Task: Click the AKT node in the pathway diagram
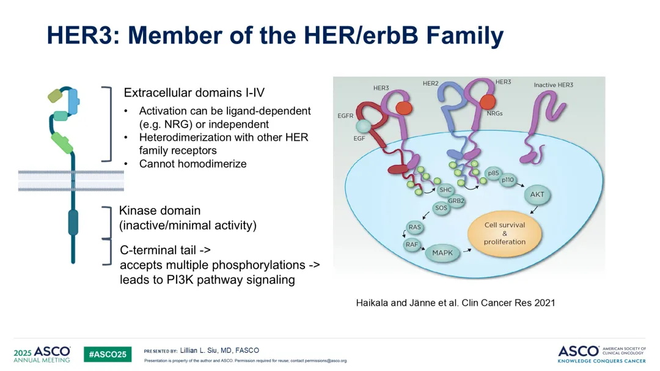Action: tap(537, 194)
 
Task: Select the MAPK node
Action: tap(442, 253)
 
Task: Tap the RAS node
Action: tap(414, 227)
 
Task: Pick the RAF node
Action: tap(412, 244)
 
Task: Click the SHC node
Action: tap(446, 190)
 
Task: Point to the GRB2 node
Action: tap(456, 201)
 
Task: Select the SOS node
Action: tap(441, 208)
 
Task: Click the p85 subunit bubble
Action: tap(493, 173)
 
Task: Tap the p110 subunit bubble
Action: tap(508, 180)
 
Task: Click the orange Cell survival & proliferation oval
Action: tap(505, 233)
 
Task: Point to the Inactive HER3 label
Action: tap(554, 85)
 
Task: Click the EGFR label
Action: tap(345, 116)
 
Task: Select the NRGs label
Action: tap(494, 113)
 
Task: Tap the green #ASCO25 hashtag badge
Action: tap(108, 354)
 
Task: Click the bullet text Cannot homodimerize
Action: tap(193, 164)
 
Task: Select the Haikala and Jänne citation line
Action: tap(455, 303)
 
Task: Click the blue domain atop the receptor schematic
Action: tap(73, 101)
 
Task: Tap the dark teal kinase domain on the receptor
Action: tap(73, 222)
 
